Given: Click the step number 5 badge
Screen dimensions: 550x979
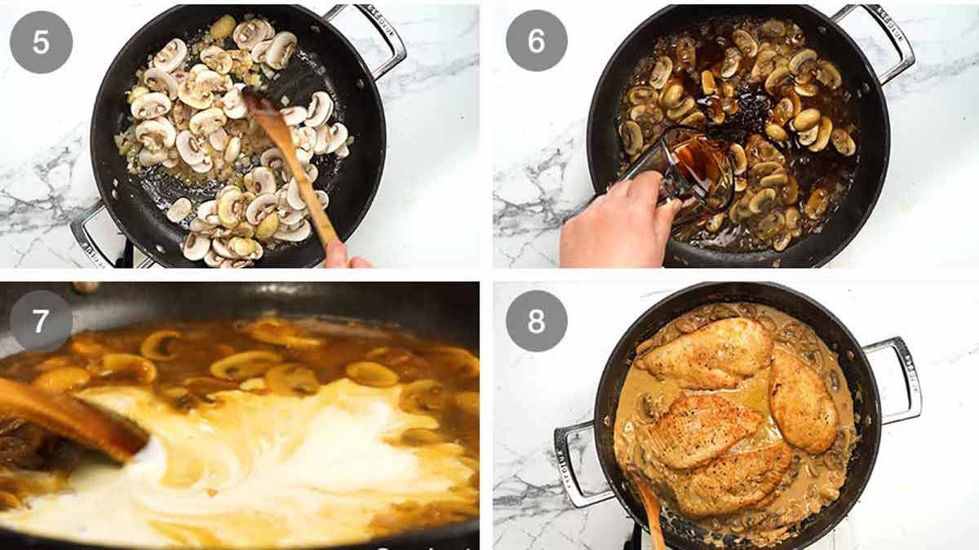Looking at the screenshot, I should pos(41,42).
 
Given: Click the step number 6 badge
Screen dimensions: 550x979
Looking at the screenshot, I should pos(536,41).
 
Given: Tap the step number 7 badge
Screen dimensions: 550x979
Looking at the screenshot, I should pos(41,321).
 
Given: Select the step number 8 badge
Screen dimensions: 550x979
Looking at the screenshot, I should pos(536,321).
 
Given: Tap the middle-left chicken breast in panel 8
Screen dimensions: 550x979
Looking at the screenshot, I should pos(706,428).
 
